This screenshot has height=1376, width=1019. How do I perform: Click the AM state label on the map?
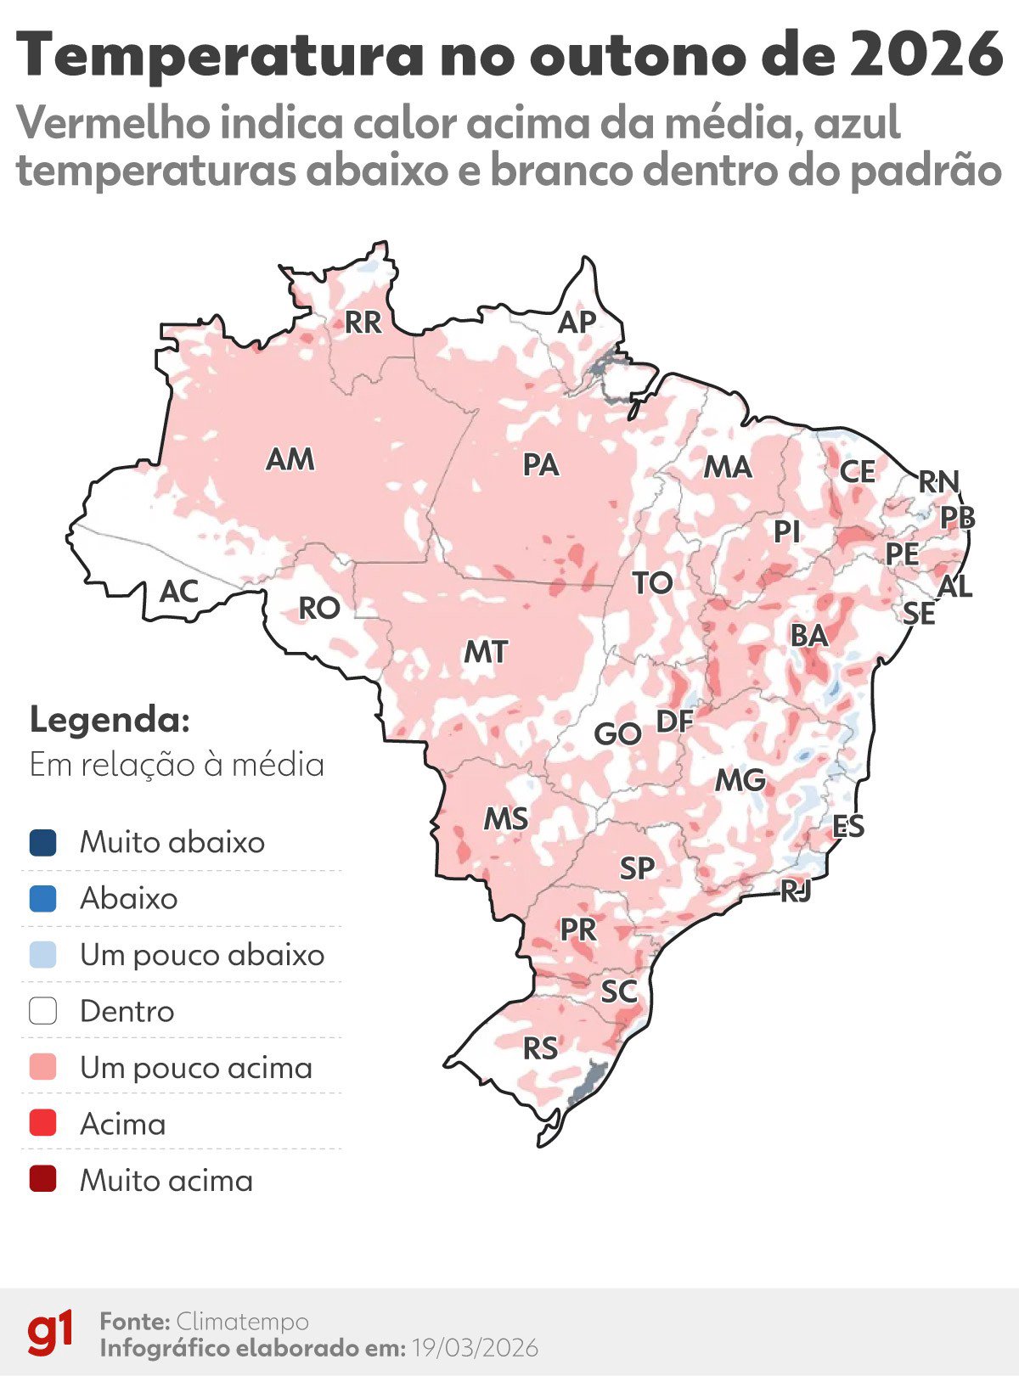290,459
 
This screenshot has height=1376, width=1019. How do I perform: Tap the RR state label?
363,323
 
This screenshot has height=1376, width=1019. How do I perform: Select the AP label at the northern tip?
577,323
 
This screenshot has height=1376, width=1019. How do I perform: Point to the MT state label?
485,652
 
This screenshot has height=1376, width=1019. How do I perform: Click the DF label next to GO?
675,722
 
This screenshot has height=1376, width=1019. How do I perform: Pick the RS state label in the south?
540,1048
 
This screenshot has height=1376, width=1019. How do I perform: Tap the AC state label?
179,592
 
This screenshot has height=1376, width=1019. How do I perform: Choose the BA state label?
808,635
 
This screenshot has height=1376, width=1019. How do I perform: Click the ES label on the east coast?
847,826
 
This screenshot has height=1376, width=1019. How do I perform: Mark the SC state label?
618,991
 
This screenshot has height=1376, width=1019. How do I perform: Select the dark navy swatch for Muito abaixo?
42,843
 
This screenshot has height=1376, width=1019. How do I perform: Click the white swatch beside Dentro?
42,1011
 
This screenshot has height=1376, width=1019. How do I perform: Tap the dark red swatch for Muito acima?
42,1180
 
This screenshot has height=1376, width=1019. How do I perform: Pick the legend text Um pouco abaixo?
202,955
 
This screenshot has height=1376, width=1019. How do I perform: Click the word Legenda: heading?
110,720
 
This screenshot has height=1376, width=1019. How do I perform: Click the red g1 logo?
50,1333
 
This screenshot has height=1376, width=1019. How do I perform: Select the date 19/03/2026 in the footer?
475,1348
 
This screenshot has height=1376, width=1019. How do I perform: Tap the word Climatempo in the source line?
242,1322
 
